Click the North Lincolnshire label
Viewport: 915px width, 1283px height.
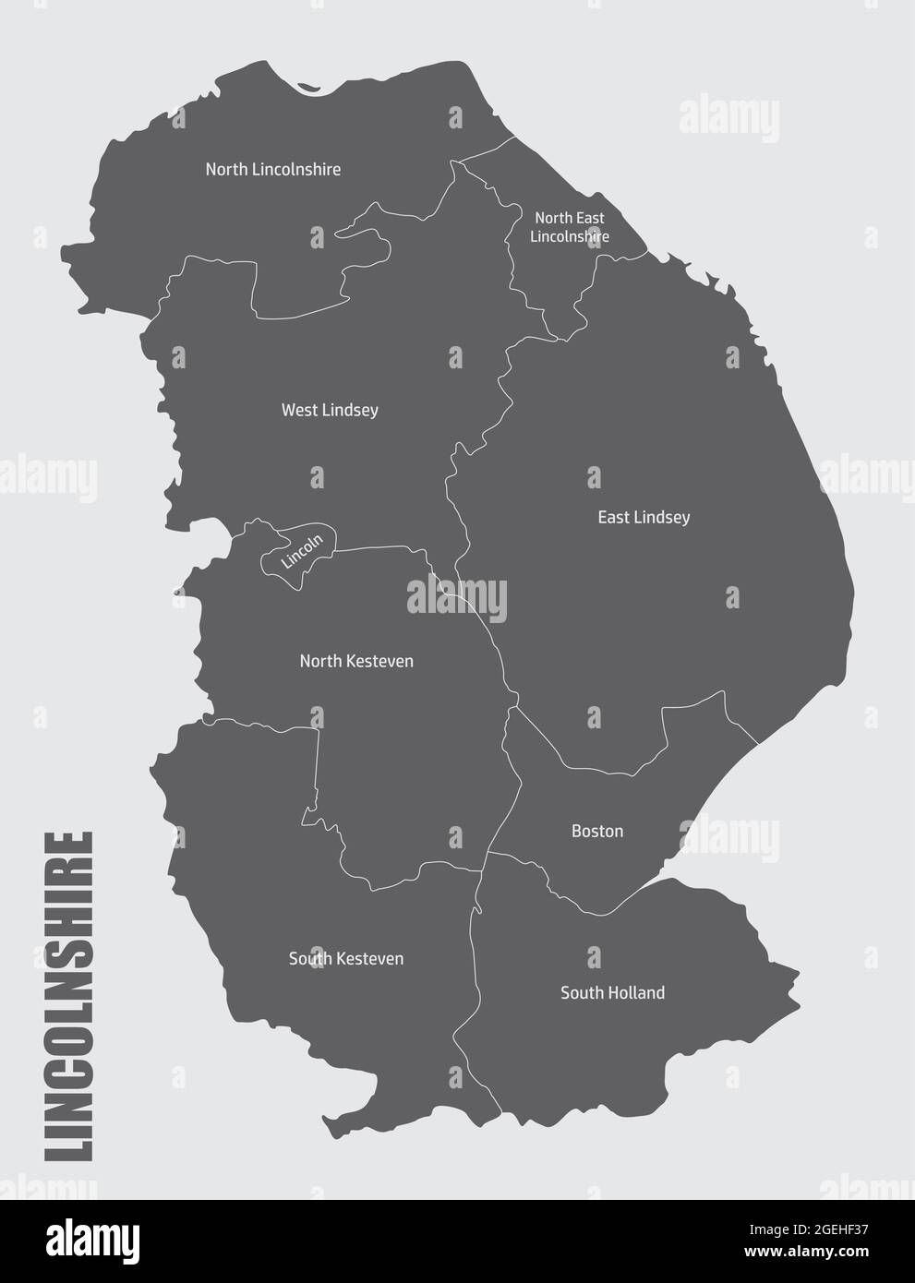point(272,170)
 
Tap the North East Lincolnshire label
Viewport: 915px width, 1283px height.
point(570,227)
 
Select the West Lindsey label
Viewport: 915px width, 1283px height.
point(330,410)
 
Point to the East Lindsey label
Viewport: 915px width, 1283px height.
point(644,518)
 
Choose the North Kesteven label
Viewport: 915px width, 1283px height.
point(356,662)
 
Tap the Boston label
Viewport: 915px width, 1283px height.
point(597,832)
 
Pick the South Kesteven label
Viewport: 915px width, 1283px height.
point(346,959)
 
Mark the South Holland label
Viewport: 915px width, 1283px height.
point(612,993)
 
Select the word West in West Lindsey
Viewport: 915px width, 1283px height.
point(300,410)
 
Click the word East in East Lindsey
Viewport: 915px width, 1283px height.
point(615,518)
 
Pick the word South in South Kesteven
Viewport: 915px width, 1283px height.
point(309,959)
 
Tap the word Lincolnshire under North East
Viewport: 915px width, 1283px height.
point(570,237)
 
